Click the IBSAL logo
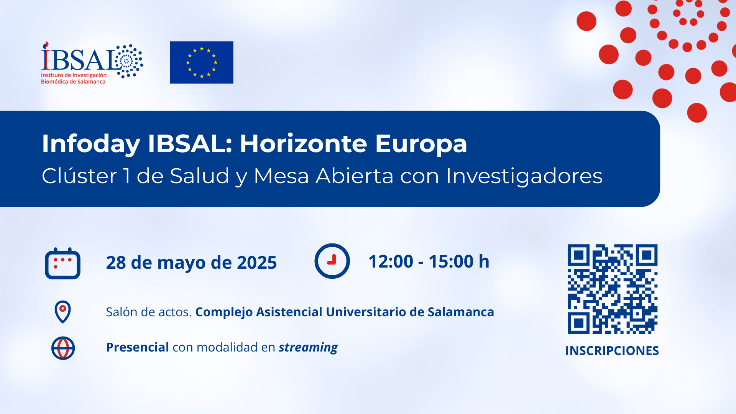coord(92,63)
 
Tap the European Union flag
coord(202,62)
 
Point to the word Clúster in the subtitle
coord(79,176)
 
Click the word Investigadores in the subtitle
coord(524,176)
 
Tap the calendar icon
coord(62,263)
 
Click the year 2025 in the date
coord(257,263)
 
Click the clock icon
coord(332,261)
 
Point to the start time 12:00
coord(391,261)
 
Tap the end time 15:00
coord(451,261)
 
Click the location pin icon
coord(63,312)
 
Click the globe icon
coord(63,348)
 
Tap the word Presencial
coord(138,347)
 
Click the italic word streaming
coord(308,348)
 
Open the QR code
coord(613,289)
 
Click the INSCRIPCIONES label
coord(612,351)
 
